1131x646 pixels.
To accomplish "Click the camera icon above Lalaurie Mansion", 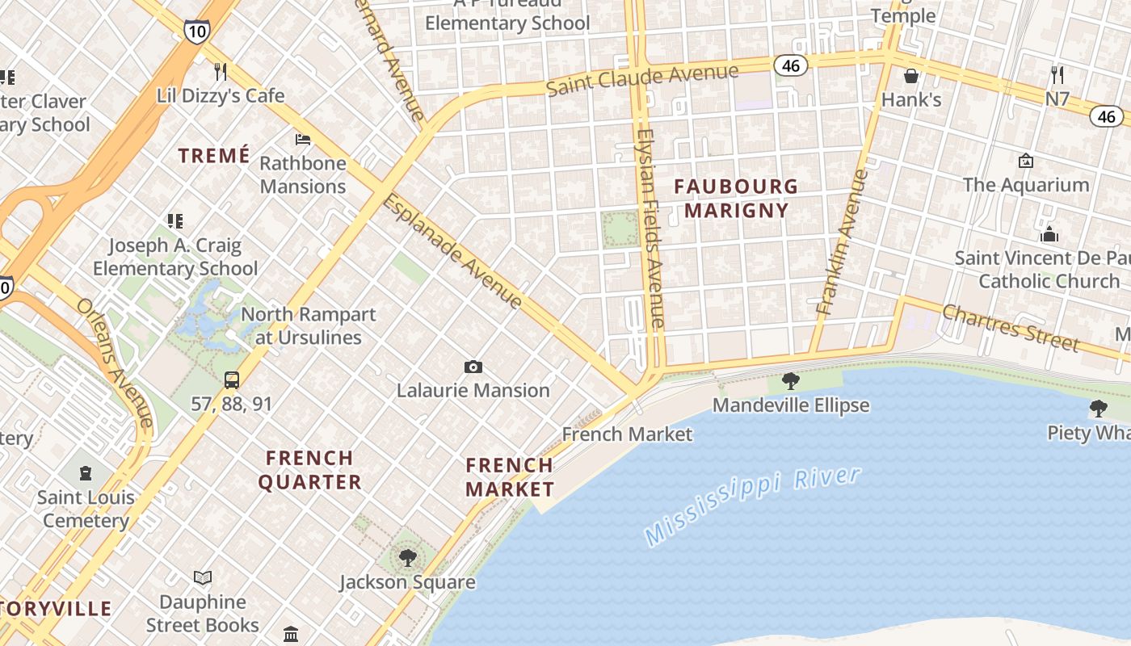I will [473, 367].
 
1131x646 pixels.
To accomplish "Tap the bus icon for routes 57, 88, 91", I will [232, 380].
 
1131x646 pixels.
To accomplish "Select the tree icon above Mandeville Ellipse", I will [791, 381].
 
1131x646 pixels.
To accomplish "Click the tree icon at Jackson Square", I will [408, 557].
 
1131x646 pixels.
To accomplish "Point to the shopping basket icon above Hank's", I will [911, 76].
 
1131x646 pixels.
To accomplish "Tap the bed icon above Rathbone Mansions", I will [303, 140].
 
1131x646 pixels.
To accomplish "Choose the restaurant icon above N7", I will [1057, 75].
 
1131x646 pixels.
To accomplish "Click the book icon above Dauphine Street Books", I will [203, 578].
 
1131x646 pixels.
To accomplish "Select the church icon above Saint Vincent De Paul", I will [1049, 234].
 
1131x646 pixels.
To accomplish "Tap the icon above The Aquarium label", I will [1026, 161].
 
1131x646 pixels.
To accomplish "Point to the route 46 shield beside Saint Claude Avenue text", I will [791, 65].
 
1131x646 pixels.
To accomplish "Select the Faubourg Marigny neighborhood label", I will [735, 199].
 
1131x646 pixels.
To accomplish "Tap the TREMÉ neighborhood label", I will [214, 156].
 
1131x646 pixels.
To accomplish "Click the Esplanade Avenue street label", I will [453, 251].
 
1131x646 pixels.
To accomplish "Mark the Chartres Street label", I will [1010, 327].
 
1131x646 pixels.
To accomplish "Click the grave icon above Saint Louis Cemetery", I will [86, 473].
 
